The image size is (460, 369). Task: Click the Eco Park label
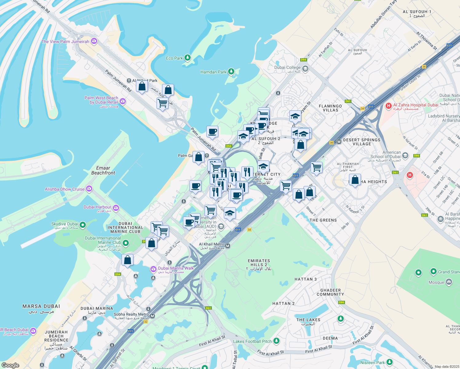pyautogui.click(x=174, y=58)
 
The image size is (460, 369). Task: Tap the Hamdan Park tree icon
pyautogui.click(x=231, y=72)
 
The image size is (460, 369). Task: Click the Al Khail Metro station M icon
pyautogui.click(x=228, y=246)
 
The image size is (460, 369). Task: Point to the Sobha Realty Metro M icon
pyautogui.click(x=152, y=316)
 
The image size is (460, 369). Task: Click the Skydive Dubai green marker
pyautogui.click(x=82, y=225)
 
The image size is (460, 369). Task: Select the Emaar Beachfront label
pyautogui.click(x=103, y=170)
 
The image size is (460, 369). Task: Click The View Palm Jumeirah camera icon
pyautogui.click(x=94, y=41)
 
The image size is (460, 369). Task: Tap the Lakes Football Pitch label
pyautogui.click(x=252, y=341)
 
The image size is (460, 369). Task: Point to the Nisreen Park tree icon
pyautogui.click(x=390, y=362)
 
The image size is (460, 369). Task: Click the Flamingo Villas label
pyautogui.click(x=331, y=108)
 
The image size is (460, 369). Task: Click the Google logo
pyautogui.click(x=10, y=365)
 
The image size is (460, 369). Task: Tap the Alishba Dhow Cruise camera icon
pyautogui.click(x=89, y=189)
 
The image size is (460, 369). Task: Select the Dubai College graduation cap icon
pyautogui.click(x=305, y=69)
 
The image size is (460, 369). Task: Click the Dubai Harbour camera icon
pyautogui.click(x=116, y=208)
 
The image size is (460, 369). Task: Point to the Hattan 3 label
pyautogui.click(x=305, y=279)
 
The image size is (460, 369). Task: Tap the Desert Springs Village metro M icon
pyautogui.click(x=339, y=142)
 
